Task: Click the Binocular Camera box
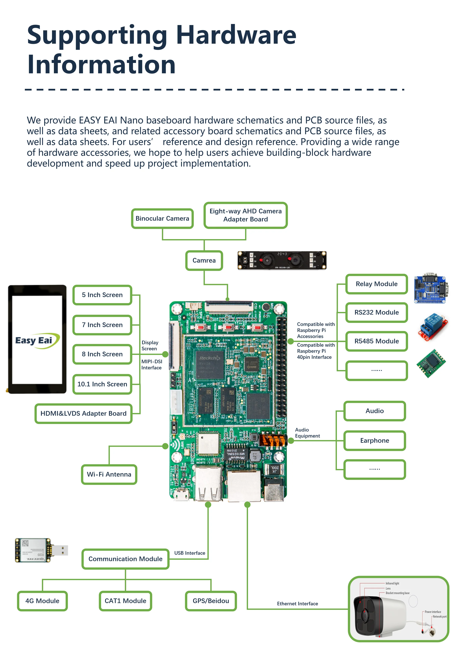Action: (x=162, y=218)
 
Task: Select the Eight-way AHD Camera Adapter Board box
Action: (x=246, y=215)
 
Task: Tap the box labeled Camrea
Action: (x=204, y=260)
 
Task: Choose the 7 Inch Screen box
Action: (x=102, y=325)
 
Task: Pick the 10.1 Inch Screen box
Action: (x=102, y=384)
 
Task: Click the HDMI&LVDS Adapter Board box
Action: (x=83, y=413)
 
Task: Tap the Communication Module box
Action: (x=125, y=559)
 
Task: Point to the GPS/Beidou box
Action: (x=211, y=601)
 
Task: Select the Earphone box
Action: (x=374, y=440)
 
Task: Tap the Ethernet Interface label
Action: (x=297, y=603)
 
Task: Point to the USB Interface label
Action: (x=189, y=553)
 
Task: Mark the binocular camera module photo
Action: (x=282, y=260)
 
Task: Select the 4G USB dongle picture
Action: (x=41, y=550)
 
